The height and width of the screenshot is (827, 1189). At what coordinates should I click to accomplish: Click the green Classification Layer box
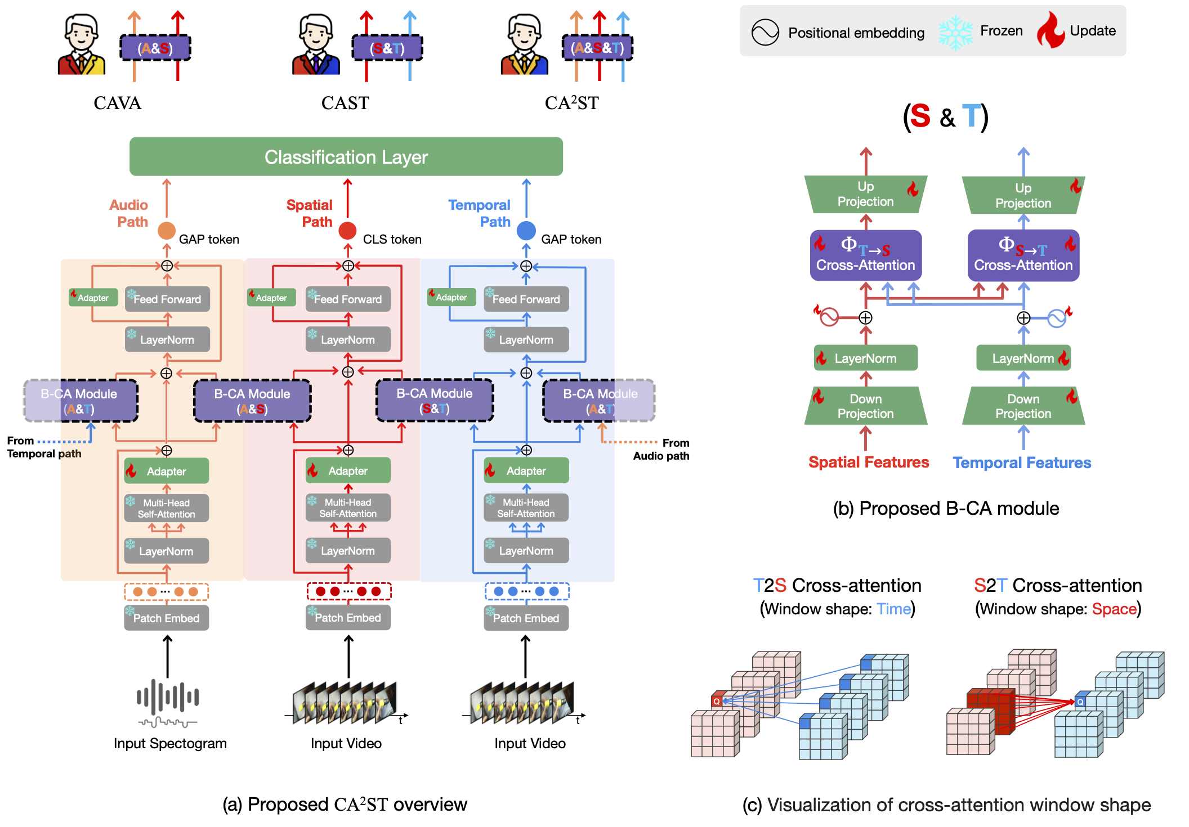[x=346, y=157]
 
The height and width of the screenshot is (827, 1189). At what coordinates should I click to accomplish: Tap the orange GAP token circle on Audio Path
[x=166, y=231]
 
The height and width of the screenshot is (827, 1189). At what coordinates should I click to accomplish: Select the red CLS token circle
[x=347, y=231]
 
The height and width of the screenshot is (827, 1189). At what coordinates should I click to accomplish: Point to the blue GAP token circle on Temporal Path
[x=526, y=231]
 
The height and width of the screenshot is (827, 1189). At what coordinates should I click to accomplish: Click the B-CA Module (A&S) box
[x=252, y=401]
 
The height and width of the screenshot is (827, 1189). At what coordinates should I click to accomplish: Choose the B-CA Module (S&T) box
[x=434, y=401]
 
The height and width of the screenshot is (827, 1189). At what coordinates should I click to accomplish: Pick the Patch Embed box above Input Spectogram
[x=166, y=618]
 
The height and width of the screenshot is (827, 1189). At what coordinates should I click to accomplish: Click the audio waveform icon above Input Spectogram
[x=167, y=703]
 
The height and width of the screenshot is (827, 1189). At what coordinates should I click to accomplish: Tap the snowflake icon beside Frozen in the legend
[x=955, y=32]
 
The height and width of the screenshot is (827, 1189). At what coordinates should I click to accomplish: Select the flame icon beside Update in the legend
[x=1051, y=31]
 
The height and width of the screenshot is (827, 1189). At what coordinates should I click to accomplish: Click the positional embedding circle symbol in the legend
[x=765, y=32]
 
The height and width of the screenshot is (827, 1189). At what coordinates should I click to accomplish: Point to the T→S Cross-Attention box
[x=865, y=255]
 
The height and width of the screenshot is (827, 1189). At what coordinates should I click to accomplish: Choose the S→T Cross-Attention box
[x=1023, y=255]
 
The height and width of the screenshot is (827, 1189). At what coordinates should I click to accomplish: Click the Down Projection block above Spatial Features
[x=865, y=406]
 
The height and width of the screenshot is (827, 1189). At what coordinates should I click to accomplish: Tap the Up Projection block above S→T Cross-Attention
[x=1023, y=195]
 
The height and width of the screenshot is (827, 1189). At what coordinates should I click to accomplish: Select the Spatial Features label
[x=868, y=462]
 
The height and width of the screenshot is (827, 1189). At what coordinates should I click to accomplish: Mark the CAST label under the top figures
[x=345, y=103]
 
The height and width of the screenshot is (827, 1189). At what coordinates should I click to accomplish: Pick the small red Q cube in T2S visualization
[x=717, y=701]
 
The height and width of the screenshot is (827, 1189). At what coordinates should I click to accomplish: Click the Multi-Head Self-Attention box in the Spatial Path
[x=348, y=508]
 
